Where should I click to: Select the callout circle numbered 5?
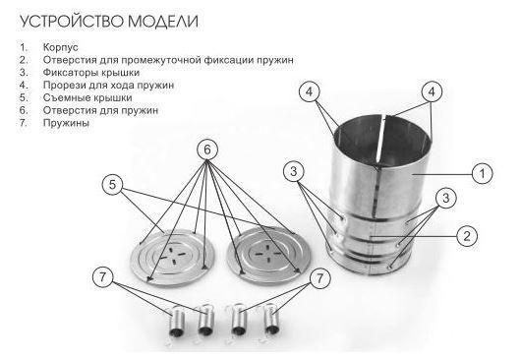(x=113, y=183)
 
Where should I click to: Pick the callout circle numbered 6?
(x=207, y=150)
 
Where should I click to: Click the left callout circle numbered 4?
(x=309, y=92)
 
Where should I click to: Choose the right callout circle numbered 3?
(x=445, y=198)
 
